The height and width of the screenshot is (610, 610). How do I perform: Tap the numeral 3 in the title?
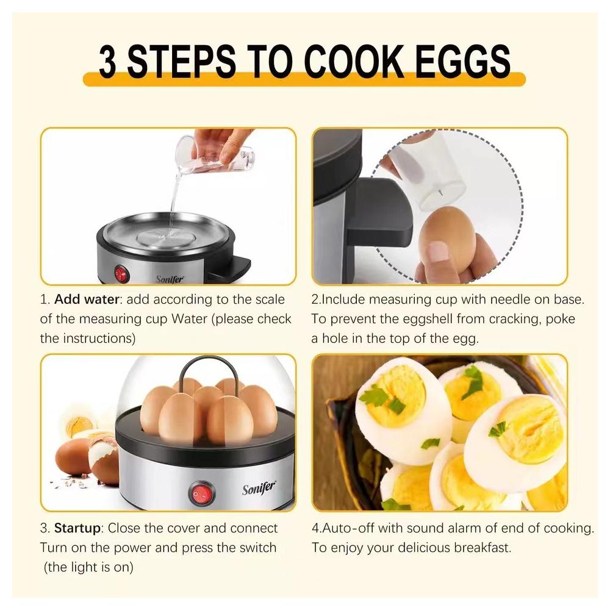point(107,61)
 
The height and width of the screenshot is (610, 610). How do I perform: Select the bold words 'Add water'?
point(87,299)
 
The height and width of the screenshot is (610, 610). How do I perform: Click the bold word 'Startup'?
point(77,528)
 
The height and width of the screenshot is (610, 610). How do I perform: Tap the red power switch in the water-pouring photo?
point(121,274)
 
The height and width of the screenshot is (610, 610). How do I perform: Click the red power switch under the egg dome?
point(201,495)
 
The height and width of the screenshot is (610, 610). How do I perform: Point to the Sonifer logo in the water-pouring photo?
point(170,279)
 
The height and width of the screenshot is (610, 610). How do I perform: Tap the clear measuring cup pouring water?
point(215,155)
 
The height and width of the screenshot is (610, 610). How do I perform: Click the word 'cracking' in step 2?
point(508,319)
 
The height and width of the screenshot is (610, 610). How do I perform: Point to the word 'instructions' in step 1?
point(99,339)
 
